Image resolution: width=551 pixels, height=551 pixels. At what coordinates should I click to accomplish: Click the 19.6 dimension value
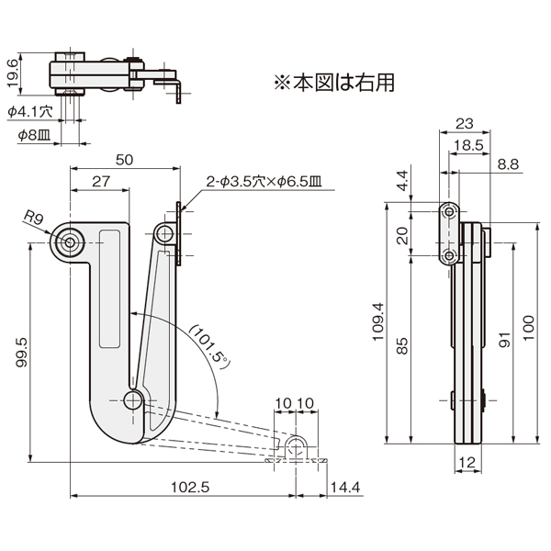(12, 73)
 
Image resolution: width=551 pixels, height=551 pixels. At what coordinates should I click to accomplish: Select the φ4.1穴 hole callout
(30, 112)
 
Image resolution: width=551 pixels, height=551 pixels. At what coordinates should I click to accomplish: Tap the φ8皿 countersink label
(35, 135)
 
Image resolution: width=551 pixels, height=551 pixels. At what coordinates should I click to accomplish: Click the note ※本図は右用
(334, 83)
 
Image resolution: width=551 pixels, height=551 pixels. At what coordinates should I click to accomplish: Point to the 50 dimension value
(124, 160)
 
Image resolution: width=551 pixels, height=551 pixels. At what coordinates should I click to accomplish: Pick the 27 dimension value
(101, 181)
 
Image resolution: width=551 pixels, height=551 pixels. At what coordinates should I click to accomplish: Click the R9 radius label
(33, 218)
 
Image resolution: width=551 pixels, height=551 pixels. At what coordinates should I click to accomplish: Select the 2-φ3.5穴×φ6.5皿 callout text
(264, 182)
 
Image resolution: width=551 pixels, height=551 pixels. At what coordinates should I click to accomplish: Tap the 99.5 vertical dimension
(21, 353)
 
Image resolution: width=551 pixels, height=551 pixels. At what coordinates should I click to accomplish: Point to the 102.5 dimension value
(190, 488)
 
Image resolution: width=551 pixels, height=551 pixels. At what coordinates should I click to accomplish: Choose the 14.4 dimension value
(345, 488)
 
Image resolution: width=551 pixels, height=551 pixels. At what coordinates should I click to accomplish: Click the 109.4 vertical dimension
(378, 322)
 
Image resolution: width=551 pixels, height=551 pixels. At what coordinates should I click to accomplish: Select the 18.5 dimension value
(468, 145)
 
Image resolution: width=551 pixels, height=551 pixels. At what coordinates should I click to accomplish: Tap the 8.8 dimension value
(508, 164)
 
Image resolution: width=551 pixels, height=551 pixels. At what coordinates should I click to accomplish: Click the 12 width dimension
(467, 463)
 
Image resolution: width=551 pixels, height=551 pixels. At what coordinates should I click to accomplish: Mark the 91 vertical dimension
(504, 340)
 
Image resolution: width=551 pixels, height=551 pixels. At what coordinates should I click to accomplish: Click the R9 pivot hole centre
(70, 242)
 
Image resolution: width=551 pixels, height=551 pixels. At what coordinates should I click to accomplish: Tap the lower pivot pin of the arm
(133, 400)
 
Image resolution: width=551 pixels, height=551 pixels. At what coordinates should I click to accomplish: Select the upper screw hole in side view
(449, 212)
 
